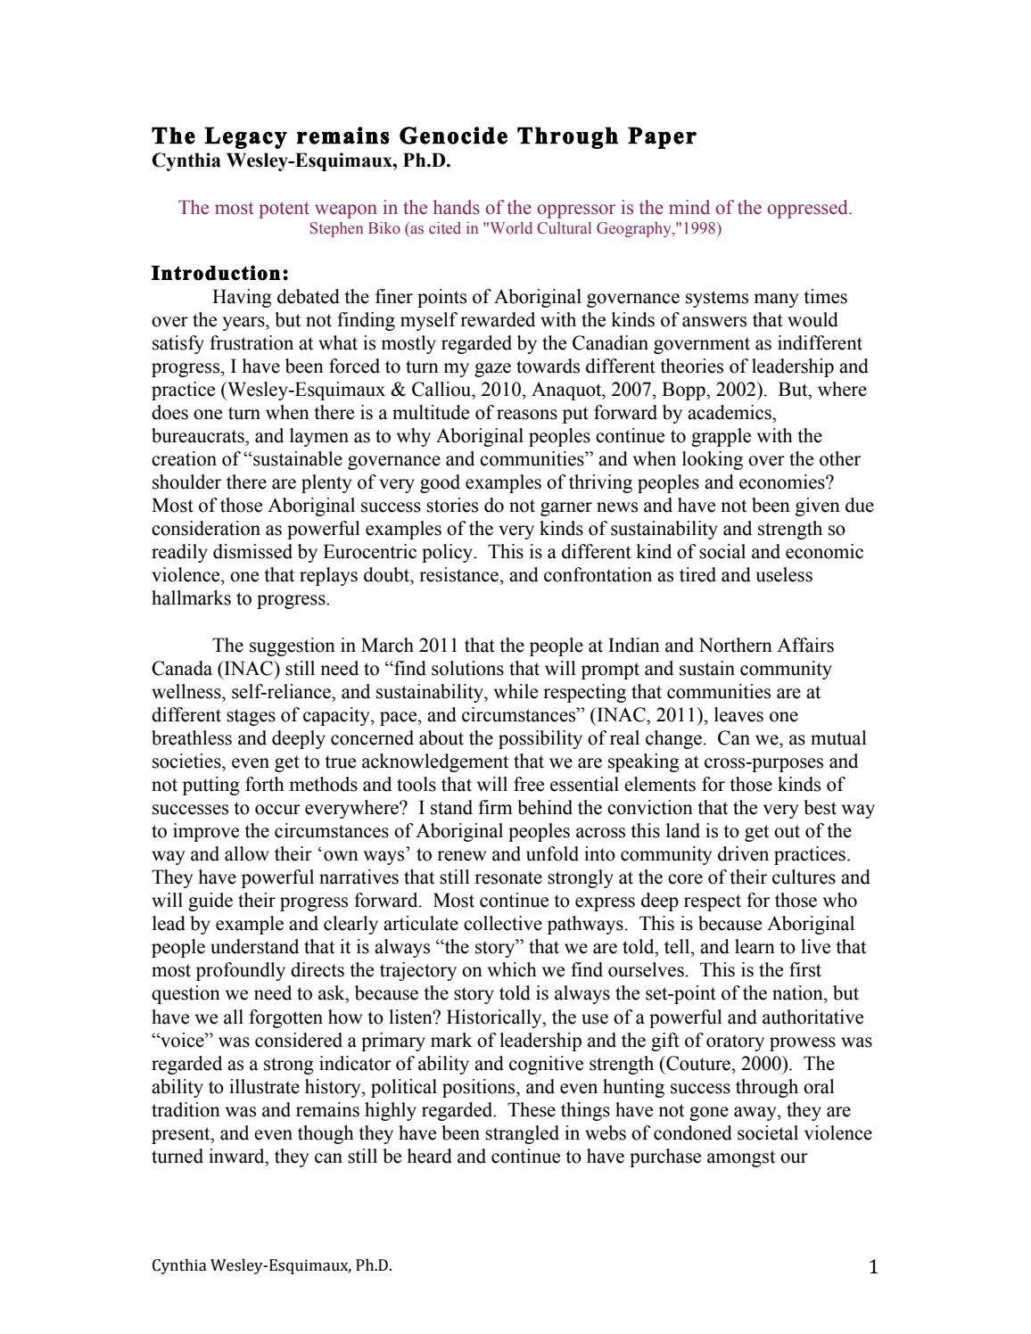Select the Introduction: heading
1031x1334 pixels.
(x=220, y=273)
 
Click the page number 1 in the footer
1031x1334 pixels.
(x=873, y=1267)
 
